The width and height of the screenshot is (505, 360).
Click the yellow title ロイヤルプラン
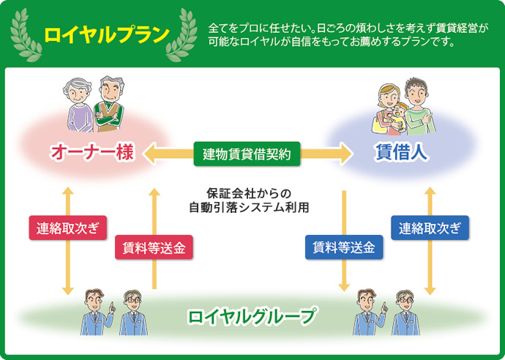[x=107, y=34]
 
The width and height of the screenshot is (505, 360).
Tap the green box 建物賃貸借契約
[x=247, y=154]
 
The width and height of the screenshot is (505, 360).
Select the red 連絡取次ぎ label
[x=67, y=228]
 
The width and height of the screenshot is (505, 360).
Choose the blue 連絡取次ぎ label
[x=430, y=228]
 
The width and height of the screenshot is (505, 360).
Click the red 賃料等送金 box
[x=154, y=247]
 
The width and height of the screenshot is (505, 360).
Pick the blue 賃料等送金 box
[x=344, y=247]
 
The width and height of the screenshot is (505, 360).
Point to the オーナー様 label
[x=91, y=152]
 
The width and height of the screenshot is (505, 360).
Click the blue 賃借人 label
[x=401, y=152]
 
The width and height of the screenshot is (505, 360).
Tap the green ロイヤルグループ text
[x=252, y=316]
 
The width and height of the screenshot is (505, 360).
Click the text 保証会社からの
[x=249, y=193]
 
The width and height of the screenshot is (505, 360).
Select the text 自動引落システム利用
[x=249, y=208]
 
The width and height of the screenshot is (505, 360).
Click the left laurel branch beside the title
[x=26, y=35]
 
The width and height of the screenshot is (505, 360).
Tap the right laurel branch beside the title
[x=182, y=35]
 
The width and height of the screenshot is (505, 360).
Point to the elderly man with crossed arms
[x=109, y=104]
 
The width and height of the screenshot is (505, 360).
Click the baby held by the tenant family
[x=400, y=116]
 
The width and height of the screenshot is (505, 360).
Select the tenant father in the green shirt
[x=419, y=106]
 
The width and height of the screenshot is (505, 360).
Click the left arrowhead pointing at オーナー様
[x=150, y=154]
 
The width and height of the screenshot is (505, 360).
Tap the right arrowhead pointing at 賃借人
[x=345, y=154]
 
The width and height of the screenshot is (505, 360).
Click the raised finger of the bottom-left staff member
[x=111, y=304]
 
